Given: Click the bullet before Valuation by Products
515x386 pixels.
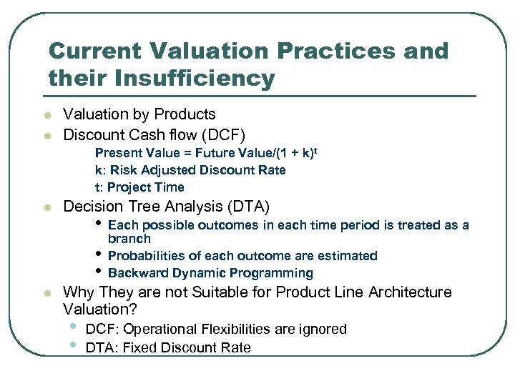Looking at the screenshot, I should (x=46, y=115).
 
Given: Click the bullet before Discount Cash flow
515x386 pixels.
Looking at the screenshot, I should (x=46, y=135).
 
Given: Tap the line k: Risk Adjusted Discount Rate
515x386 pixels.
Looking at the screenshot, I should (x=190, y=170).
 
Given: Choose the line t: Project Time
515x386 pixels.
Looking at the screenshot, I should (x=139, y=187).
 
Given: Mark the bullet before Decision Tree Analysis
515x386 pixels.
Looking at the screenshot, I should (x=46, y=208).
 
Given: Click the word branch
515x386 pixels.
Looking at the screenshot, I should (x=129, y=239).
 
